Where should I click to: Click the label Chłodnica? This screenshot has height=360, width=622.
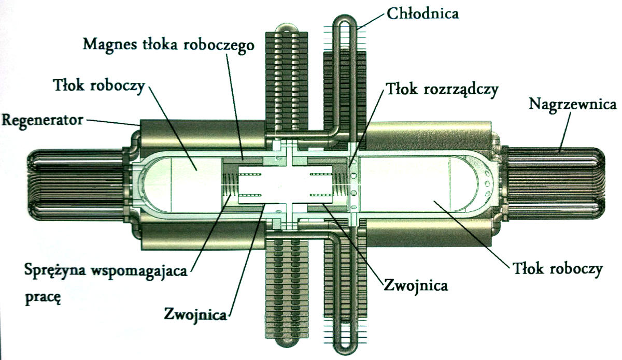pos(422,13)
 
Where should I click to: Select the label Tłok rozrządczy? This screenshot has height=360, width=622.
pos(442,90)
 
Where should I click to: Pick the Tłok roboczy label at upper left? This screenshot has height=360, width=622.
pos(99,86)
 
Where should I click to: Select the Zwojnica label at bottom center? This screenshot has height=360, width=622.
pos(195,315)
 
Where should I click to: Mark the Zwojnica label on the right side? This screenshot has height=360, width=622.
pos(416,285)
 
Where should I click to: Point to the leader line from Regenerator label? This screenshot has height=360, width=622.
pos(113,122)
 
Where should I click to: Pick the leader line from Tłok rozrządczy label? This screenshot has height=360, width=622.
pos(367,128)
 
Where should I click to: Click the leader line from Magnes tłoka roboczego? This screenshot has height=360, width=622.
pos(235,107)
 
